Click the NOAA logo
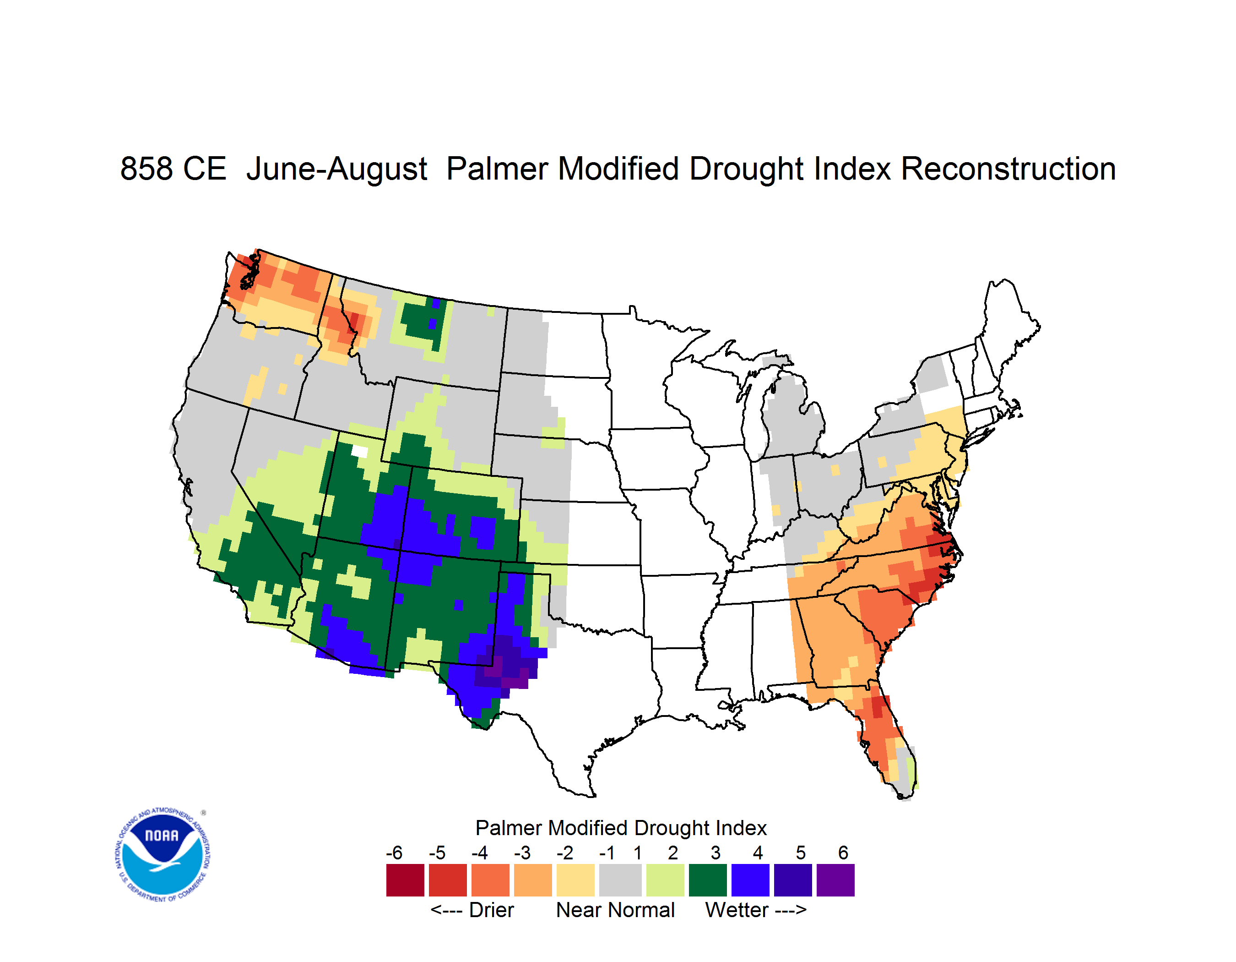point(163,855)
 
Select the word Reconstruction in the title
point(1008,169)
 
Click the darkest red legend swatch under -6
point(405,880)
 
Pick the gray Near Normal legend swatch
point(620,880)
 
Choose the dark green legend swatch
point(707,880)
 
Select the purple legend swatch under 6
point(835,880)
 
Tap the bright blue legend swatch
point(750,880)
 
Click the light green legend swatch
point(665,880)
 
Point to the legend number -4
point(479,853)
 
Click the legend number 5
point(800,853)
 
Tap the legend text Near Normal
point(615,910)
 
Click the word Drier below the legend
point(491,910)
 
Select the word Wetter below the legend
point(736,910)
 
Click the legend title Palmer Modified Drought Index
point(621,828)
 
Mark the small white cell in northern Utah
point(359,451)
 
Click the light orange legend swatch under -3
point(532,880)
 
